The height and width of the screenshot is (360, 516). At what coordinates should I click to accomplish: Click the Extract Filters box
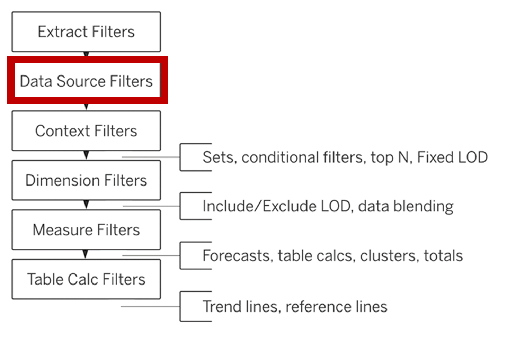click(x=86, y=32)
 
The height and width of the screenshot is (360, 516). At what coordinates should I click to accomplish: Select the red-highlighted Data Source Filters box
click(x=88, y=80)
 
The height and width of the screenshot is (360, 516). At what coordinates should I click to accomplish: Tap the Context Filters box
click(x=86, y=131)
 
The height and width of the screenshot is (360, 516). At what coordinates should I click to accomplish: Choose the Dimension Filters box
click(x=86, y=180)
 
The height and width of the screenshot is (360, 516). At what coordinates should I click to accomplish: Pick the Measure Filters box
click(x=86, y=230)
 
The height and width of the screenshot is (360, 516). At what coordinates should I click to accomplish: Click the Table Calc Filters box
click(x=86, y=279)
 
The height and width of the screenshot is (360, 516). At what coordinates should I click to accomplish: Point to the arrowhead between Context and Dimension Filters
click(x=86, y=155)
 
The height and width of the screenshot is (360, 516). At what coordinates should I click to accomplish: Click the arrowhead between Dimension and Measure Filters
click(x=86, y=205)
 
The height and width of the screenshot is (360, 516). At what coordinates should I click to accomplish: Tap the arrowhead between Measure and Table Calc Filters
click(x=86, y=254)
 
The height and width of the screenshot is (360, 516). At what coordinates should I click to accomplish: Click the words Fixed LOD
click(x=452, y=157)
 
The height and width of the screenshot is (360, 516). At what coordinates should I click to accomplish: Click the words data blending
click(x=406, y=207)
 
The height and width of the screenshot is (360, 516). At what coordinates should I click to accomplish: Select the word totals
click(x=443, y=256)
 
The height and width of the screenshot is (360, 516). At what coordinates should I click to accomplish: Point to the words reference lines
click(x=337, y=307)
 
